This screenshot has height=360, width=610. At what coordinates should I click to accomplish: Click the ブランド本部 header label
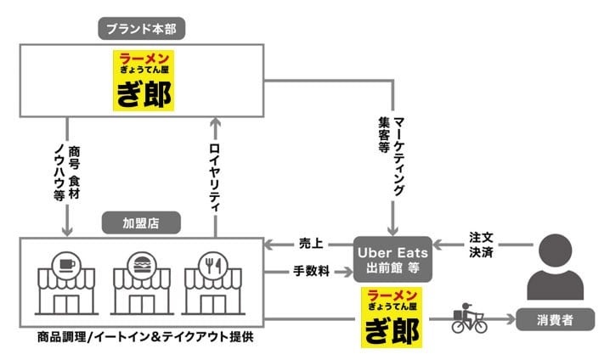[143, 28]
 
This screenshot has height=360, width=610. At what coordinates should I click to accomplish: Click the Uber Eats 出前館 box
[393, 259]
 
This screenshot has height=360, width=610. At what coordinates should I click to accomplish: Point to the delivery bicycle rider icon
[468, 318]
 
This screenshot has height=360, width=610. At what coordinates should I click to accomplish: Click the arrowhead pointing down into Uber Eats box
[393, 230]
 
